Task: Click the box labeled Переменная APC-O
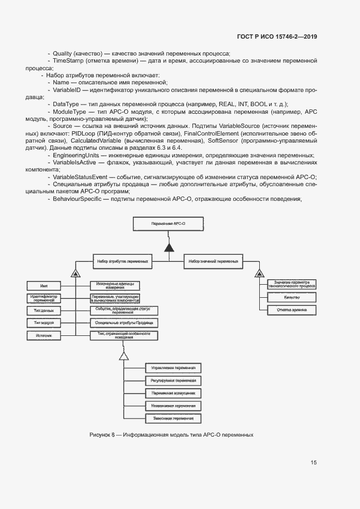(169, 224)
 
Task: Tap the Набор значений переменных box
(213, 261)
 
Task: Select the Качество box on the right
(292, 297)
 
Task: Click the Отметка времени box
(292, 310)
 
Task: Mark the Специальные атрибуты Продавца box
(124, 323)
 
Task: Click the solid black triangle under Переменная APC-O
(169, 248)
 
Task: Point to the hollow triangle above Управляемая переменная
(124, 356)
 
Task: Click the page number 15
(314, 463)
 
